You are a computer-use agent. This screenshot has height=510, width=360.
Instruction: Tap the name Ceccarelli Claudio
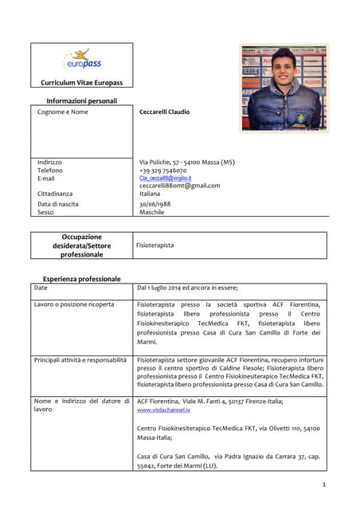point(164,112)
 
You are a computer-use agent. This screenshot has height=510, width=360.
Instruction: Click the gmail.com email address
point(179,186)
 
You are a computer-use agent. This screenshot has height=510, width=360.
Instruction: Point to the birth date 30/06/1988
point(156,204)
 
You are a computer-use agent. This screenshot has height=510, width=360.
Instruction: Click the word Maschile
point(152,213)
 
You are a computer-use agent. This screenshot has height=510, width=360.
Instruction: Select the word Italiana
point(150,194)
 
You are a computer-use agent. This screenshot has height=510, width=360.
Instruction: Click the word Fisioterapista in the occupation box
point(155,245)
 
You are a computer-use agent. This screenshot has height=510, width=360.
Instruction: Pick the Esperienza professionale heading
point(81,279)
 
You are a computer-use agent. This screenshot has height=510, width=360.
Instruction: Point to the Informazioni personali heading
point(81,101)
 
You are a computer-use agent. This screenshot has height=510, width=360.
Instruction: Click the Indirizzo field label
point(49,162)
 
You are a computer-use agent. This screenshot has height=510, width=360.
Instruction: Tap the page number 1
point(324,484)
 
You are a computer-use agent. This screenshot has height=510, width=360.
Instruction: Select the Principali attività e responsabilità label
point(80,360)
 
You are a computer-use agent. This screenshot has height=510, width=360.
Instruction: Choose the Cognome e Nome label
point(63,112)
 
